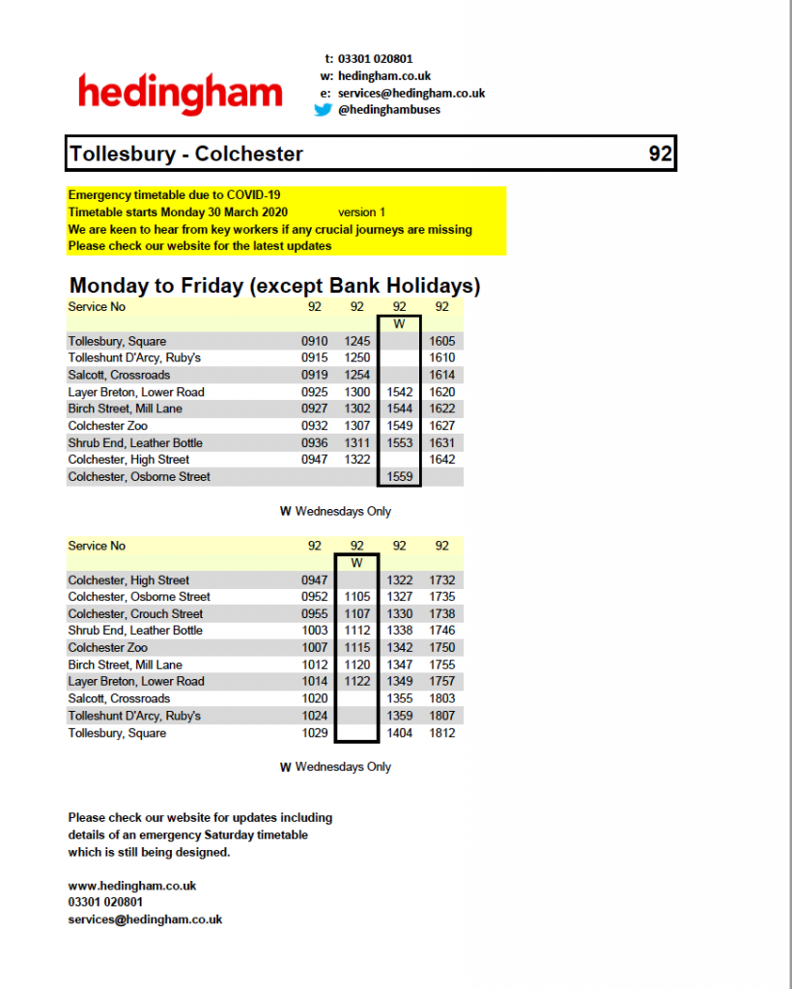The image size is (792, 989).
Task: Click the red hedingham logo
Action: (180, 95)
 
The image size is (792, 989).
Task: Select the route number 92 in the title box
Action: (660, 154)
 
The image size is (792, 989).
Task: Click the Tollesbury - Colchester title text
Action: (186, 154)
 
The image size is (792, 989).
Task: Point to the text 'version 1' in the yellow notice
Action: (361, 212)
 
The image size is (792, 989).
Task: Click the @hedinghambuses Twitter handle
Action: (389, 110)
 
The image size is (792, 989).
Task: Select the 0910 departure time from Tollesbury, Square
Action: (315, 341)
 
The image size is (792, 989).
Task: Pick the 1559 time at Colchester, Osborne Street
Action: (399, 477)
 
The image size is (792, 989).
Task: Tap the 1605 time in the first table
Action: (442, 341)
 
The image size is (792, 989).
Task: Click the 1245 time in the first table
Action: (357, 341)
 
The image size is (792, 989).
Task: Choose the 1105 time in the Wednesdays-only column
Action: (357, 597)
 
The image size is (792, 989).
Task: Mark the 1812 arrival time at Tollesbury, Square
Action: (442, 733)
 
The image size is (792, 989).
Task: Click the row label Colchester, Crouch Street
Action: (135, 613)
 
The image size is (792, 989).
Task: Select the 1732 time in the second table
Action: (442, 580)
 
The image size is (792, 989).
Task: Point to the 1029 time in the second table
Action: (315, 733)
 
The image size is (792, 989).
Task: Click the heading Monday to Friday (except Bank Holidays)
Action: (275, 286)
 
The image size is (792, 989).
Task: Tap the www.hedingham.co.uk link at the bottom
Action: (132, 886)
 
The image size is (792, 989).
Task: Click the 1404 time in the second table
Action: (399, 733)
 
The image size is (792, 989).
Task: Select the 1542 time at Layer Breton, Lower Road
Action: (399, 392)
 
